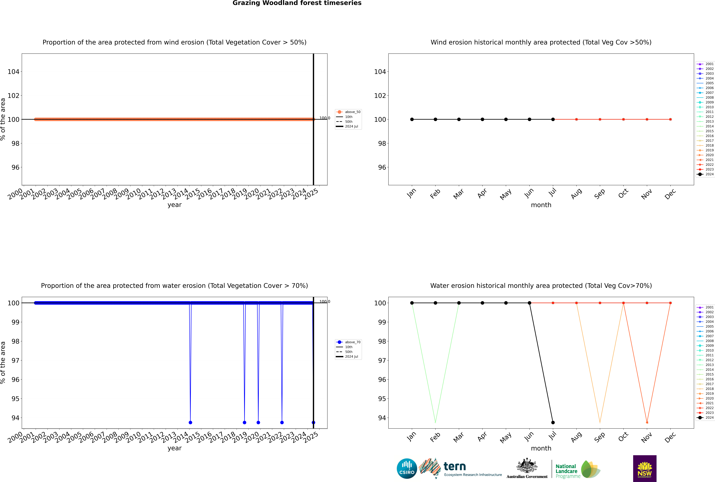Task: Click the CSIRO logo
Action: (407, 468)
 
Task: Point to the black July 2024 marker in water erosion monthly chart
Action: (553, 422)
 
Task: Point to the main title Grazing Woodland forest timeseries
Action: (297, 3)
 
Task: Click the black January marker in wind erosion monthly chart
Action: (412, 119)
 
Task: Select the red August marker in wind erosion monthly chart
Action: (576, 119)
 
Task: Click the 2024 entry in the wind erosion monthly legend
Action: (705, 174)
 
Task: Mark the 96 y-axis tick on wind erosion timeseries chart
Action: (15, 167)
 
